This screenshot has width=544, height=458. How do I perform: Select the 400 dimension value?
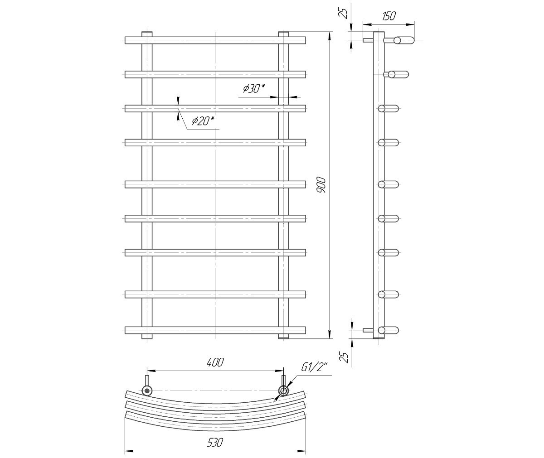click(215, 362)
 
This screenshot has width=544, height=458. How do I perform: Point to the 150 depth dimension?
click(389, 16)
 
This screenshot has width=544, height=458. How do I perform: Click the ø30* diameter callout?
click(254, 88)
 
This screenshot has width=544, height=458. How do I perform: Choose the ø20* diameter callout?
click(203, 121)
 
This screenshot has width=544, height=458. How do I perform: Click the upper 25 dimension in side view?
click(345, 13)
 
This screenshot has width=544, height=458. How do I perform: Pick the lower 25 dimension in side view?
click(345, 358)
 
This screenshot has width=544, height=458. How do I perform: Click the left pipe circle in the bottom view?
click(147, 391)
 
